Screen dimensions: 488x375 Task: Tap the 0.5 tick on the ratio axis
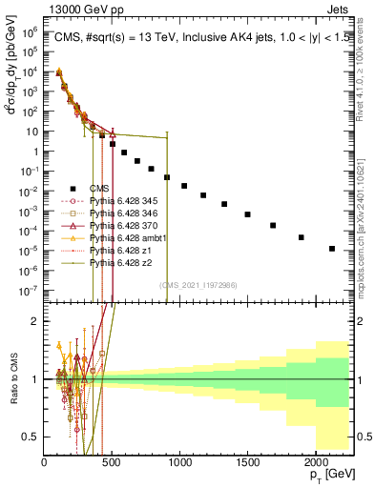(32, 437)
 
